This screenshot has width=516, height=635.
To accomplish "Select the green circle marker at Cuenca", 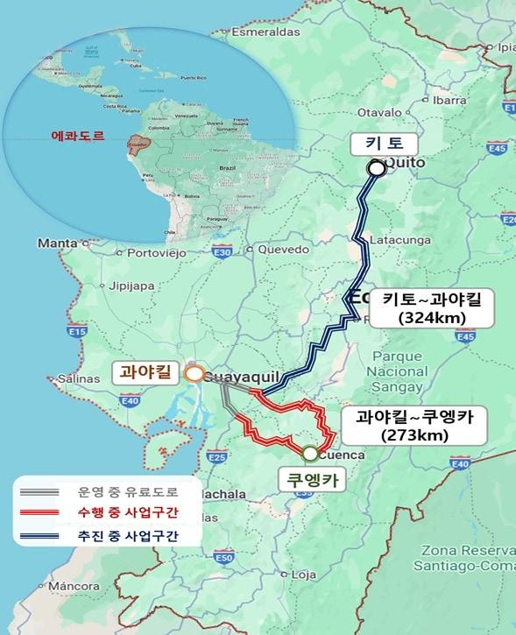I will [310, 454].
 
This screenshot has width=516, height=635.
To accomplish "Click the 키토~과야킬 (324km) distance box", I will [425, 308].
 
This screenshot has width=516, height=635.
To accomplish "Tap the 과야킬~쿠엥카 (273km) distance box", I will [409, 426].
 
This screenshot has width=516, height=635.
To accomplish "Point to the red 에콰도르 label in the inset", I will [78, 137].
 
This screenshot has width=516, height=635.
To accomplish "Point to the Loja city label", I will [303, 575].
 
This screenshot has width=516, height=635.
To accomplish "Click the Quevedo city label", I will [284, 249].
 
